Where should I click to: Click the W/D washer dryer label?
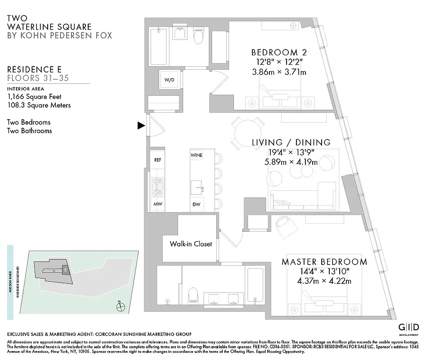click(x=169, y=80)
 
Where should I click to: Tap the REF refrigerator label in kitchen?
click(x=157, y=160)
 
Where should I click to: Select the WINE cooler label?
click(x=196, y=155)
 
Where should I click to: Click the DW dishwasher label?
click(x=196, y=204)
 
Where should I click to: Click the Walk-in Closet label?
click(x=191, y=244)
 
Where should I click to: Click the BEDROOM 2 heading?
click(x=275, y=52)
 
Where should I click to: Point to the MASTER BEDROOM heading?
click(x=324, y=262)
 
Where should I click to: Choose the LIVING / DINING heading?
click(x=291, y=143)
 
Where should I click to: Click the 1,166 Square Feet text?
click(x=35, y=96)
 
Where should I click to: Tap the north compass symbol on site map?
click(x=120, y=307)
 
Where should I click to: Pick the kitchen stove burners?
click(x=157, y=187)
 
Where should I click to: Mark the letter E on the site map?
click(x=66, y=270)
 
